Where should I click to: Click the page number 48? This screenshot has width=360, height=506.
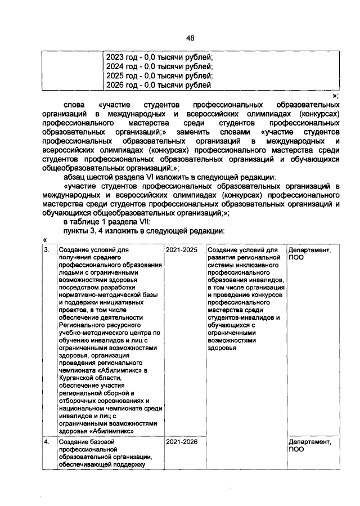tap(190, 38)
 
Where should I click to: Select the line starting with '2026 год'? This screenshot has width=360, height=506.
tap(159, 86)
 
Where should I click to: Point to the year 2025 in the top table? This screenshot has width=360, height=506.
tap(116, 76)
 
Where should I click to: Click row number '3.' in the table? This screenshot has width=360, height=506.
tap(47, 250)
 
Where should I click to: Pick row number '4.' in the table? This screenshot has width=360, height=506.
tap(47, 442)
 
